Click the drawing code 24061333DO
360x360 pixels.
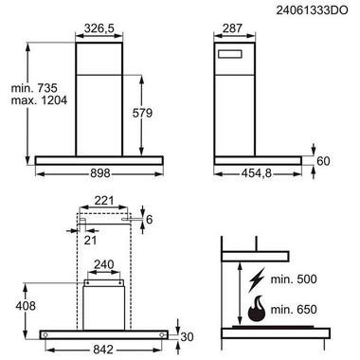click(312, 10)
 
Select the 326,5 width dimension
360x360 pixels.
click(99, 28)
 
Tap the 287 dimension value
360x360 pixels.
click(232, 28)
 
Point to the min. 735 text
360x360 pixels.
click(34, 87)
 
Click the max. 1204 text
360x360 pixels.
click(39, 100)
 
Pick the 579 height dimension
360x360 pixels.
click(142, 113)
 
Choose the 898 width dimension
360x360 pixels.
click(100, 173)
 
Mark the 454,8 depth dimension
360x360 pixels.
click(257, 173)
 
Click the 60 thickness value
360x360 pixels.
click(323, 161)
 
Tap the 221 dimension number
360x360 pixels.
click(104, 201)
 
